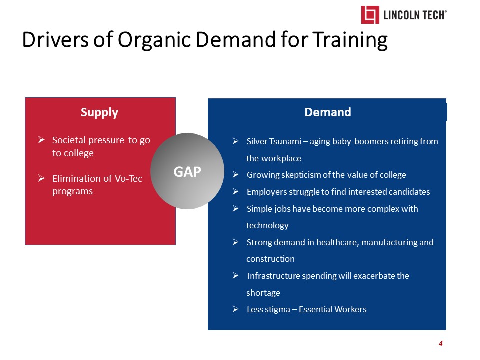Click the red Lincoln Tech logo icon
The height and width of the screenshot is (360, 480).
[x=370, y=14]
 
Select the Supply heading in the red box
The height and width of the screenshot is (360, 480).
[x=99, y=113]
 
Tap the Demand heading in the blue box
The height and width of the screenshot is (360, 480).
[x=328, y=112]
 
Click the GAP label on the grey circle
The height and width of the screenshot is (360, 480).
[x=187, y=171]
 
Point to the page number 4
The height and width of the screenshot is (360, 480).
[x=441, y=344]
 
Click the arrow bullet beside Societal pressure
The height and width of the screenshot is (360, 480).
[x=41, y=140]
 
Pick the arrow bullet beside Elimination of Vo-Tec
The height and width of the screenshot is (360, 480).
[x=41, y=178]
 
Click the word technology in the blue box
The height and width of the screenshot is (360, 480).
[x=267, y=226]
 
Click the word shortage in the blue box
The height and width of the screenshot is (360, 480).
[x=263, y=293]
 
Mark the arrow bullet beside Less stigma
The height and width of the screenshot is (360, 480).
[x=235, y=309]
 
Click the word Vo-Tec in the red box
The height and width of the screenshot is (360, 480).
[x=128, y=179]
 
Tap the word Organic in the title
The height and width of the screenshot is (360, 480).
[x=154, y=41]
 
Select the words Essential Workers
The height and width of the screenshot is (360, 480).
[x=333, y=310]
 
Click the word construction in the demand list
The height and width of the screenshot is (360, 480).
[x=270, y=259]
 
